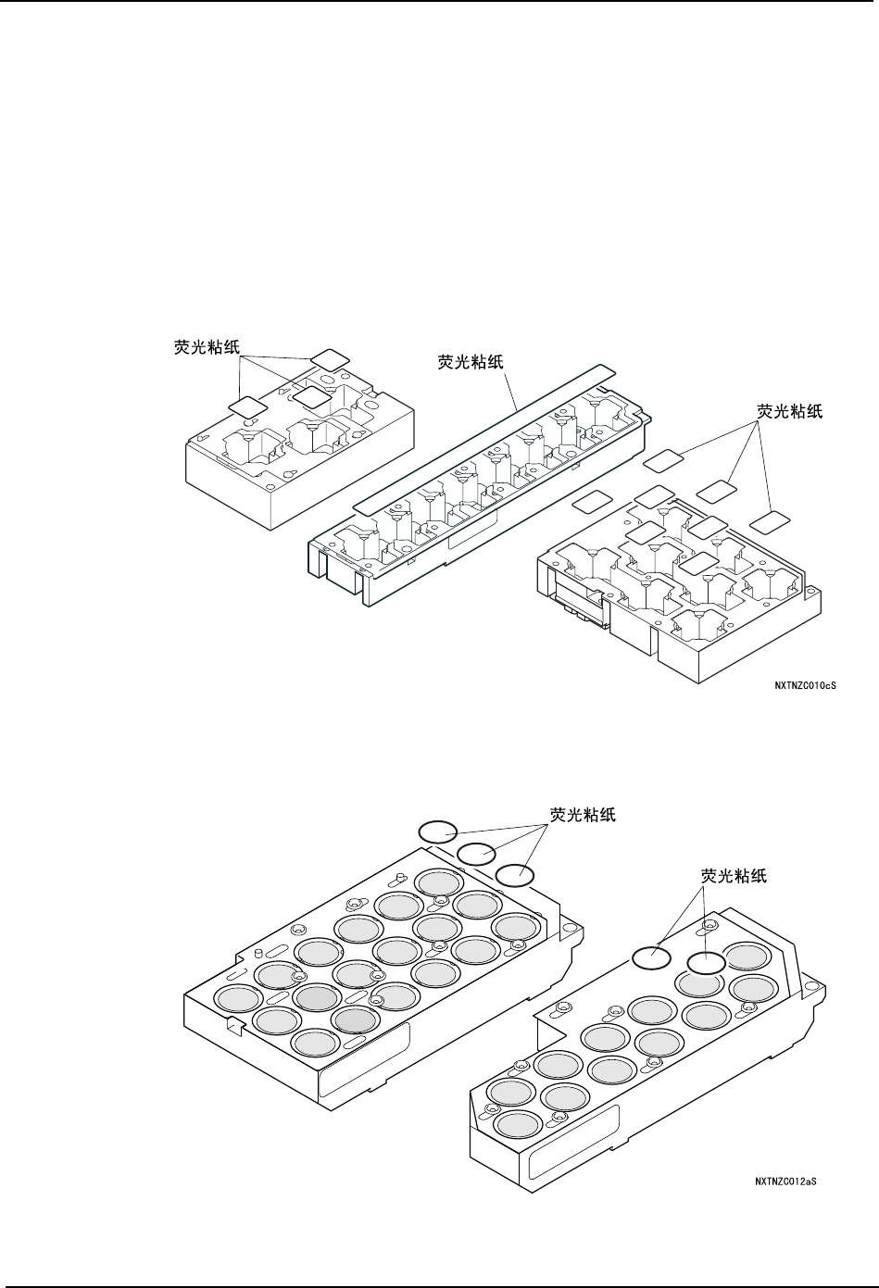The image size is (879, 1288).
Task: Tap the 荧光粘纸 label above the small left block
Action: click(208, 347)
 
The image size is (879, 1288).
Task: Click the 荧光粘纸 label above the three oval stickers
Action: click(583, 815)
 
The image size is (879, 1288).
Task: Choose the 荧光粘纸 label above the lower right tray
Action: click(734, 874)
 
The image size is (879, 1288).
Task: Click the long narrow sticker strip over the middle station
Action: click(482, 436)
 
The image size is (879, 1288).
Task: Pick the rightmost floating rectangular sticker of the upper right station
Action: click(768, 522)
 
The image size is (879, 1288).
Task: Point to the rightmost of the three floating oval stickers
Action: click(515, 873)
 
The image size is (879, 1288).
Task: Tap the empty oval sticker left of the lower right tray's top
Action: click(651, 958)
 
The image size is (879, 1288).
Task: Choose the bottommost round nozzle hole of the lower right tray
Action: click(519, 1124)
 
